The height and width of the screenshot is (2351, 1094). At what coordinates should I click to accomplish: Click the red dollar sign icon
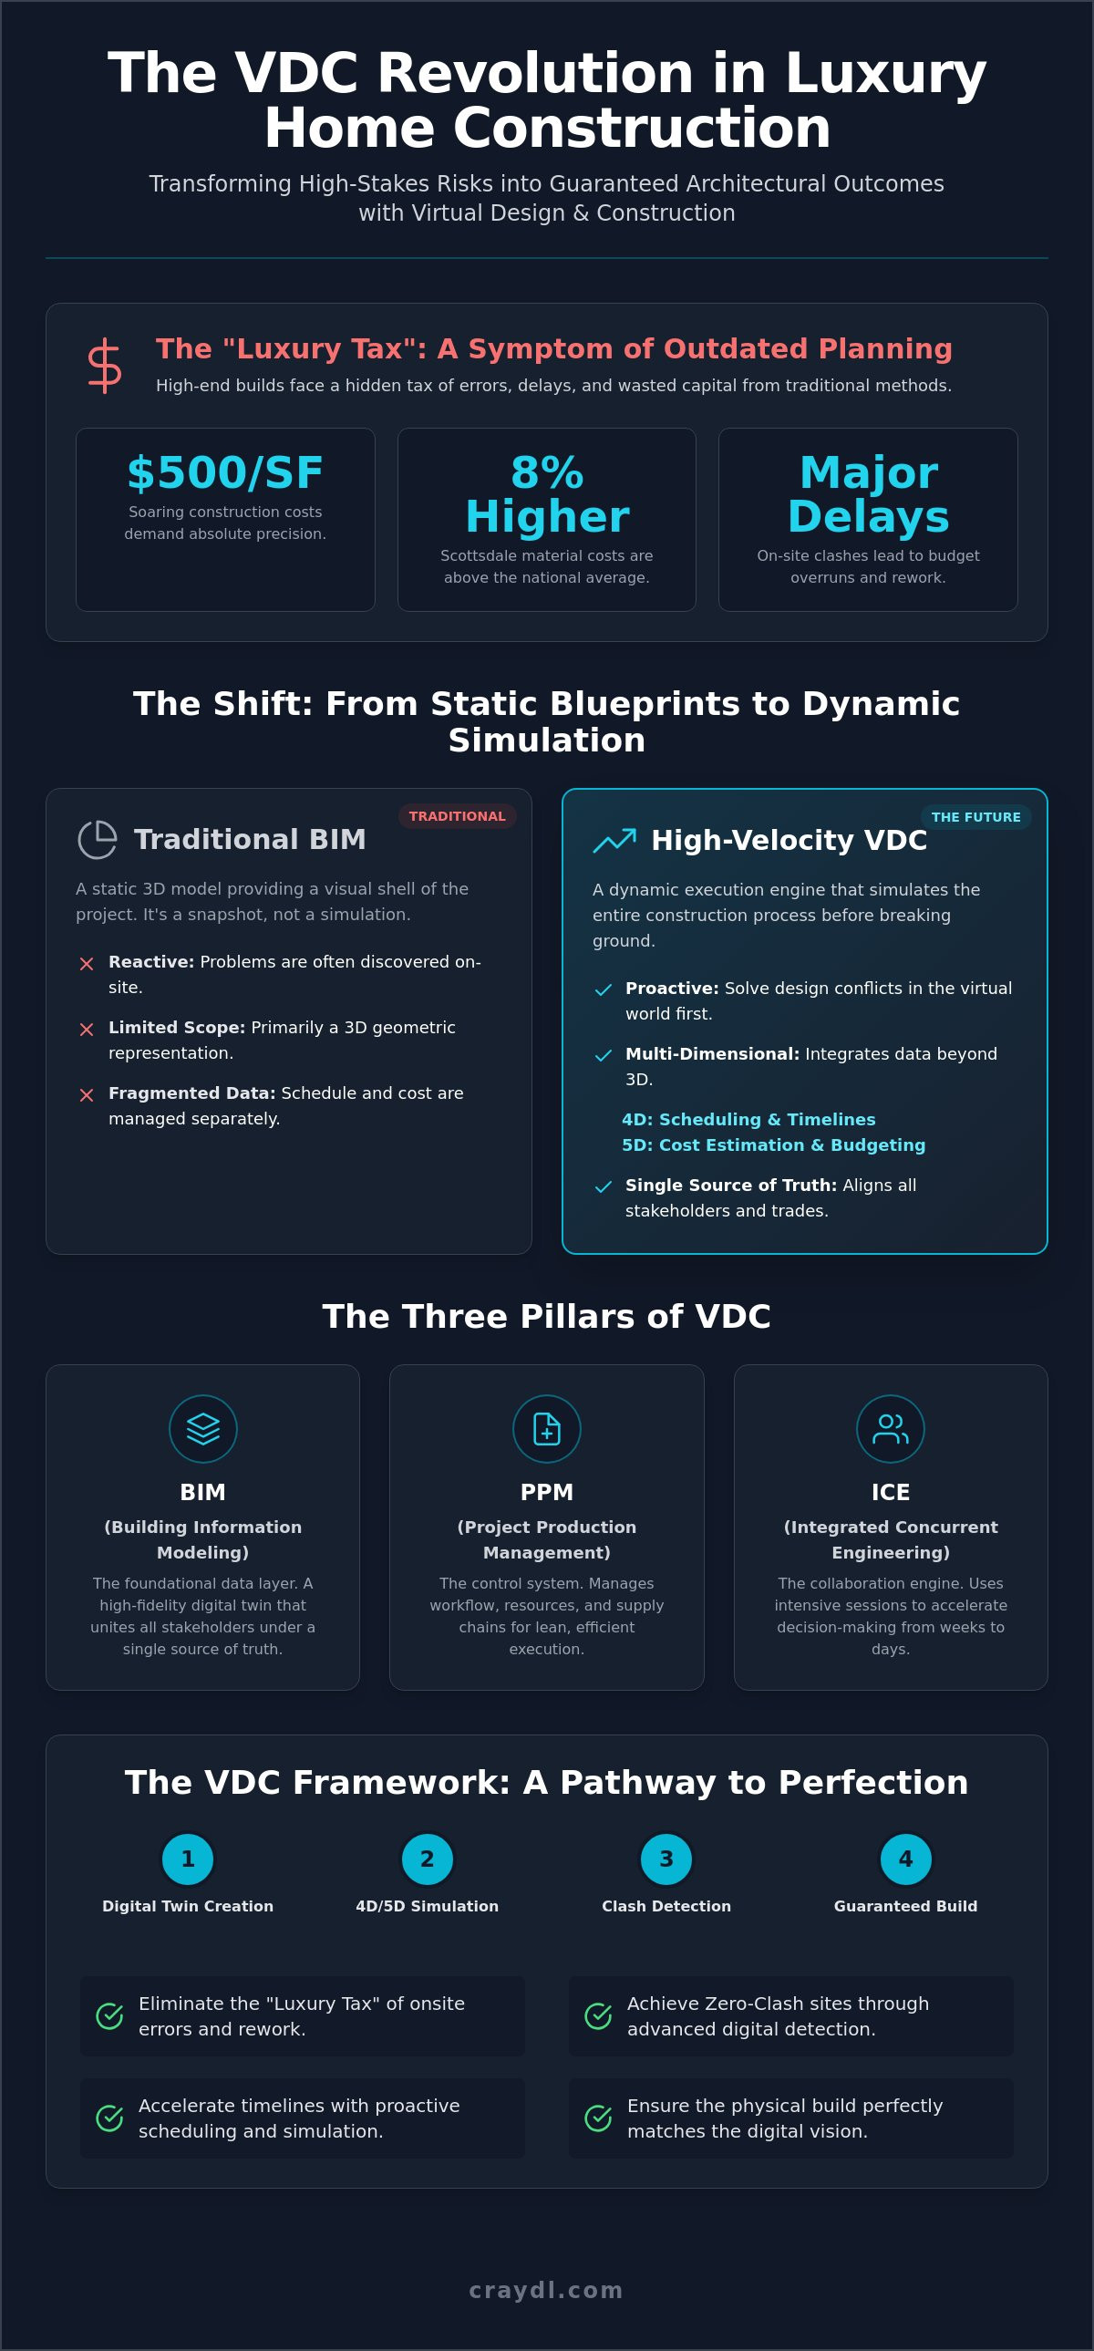tap(104, 366)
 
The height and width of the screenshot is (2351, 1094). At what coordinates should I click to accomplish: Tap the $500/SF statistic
tap(225, 472)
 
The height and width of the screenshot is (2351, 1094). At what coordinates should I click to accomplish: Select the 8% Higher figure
tap(546, 494)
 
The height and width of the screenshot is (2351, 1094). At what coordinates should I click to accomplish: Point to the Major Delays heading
tap(868, 494)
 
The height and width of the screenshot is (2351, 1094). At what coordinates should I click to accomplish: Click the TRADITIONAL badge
tap(457, 816)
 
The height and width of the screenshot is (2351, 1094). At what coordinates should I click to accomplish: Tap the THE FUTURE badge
tap(975, 817)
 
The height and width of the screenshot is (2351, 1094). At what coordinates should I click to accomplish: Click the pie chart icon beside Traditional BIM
tap(98, 840)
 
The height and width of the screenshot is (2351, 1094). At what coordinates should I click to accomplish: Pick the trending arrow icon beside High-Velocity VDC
tap(615, 840)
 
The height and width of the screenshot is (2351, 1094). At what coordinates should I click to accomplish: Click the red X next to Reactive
tap(87, 964)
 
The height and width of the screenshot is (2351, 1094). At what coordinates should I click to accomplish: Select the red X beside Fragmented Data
tap(87, 1095)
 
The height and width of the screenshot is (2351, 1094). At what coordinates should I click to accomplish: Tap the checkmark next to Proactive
tap(604, 990)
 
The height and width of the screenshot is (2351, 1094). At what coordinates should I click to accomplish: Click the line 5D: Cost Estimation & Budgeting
tap(774, 1144)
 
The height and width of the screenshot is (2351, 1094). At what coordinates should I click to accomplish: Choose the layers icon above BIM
tap(202, 1429)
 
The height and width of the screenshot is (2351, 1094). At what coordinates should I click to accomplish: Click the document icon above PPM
tap(546, 1429)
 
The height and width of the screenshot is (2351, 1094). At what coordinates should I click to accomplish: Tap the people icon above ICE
tap(891, 1429)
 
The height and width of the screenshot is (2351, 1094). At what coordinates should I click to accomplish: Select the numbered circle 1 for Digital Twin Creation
tap(188, 1859)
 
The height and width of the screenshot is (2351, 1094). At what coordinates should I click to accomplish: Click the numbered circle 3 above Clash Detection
tap(666, 1859)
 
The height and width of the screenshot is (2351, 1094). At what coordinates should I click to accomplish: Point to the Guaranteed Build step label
tap(905, 1906)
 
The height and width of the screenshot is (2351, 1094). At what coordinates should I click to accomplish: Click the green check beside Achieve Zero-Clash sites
tap(599, 2016)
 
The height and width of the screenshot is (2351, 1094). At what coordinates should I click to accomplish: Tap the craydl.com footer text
tap(546, 2290)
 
